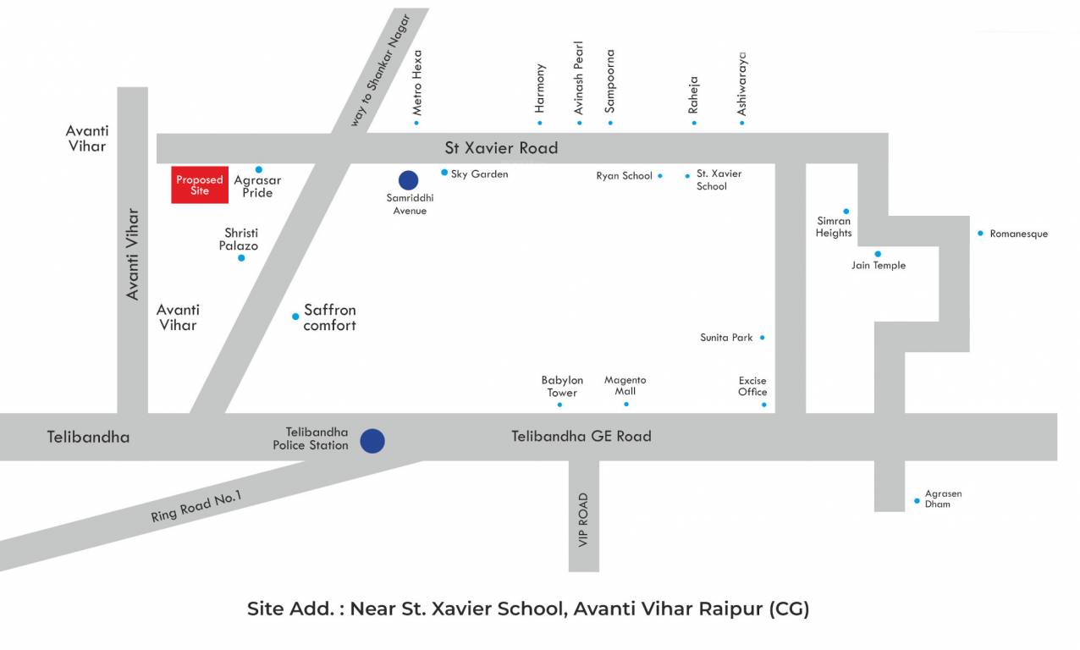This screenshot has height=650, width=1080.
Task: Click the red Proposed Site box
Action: click(x=200, y=185)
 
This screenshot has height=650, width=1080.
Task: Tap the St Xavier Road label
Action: click(x=501, y=148)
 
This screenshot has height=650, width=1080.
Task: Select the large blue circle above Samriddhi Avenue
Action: click(x=408, y=179)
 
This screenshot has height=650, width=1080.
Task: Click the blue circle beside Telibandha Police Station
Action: click(x=372, y=441)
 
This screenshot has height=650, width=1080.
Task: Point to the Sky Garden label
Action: click(x=479, y=174)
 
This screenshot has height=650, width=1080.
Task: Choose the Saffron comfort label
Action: click(x=329, y=317)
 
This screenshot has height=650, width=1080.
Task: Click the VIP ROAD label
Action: click(x=583, y=520)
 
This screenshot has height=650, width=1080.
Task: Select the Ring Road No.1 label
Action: click(x=196, y=506)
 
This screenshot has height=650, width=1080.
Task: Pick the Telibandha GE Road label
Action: click(x=581, y=437)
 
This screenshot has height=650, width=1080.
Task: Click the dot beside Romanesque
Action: click(x=980, y=233)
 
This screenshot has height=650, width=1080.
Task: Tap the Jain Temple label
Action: click(x=879, y=266)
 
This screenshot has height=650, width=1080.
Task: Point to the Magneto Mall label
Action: click(x=625, y=386)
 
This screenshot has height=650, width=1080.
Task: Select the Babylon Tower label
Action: click(x=562, y=387)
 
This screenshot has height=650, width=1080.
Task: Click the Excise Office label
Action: click(x=752, y=386)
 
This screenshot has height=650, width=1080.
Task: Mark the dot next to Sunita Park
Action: click(x=762, y=338)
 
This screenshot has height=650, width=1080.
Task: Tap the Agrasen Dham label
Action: click(x=943, y=499)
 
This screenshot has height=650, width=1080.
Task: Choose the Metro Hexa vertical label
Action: click(x=416, y=82)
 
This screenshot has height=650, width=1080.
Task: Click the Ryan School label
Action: click(x=625, y=176)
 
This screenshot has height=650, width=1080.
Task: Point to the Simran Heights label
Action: click(x=834, y=227)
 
